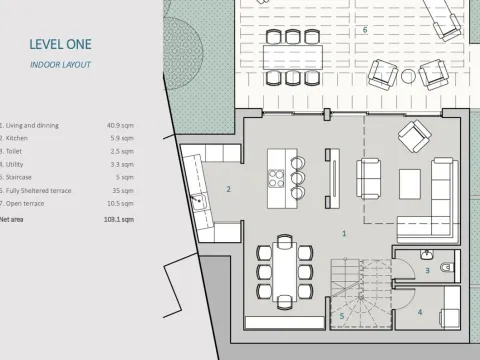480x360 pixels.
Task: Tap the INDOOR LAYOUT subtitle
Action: pyautogui.click(x=60, y=64)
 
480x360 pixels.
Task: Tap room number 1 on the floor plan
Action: pyautogui.click(x=344, y=233)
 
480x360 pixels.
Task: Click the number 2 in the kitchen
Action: pyautogui.click(x=228, y=188)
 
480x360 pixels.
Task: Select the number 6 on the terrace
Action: pyautogui.click(x=364, y=30)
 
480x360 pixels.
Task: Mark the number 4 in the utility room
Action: pyautogui.click(x=419, y=312)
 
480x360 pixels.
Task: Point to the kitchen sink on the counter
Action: pyautogui.click(x=198, y=202)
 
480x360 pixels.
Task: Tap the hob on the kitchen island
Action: pyautogui.click(x=277, y=178)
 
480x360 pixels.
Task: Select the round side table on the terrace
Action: pyautogui.click(x=410, y=76)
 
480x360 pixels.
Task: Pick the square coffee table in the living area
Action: pyautogui.click(x=410, y=182)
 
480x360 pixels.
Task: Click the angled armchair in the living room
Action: pyautogui.click(x=413, y=134)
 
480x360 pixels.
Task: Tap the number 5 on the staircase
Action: pyautogui.click(x=342, y=316)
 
